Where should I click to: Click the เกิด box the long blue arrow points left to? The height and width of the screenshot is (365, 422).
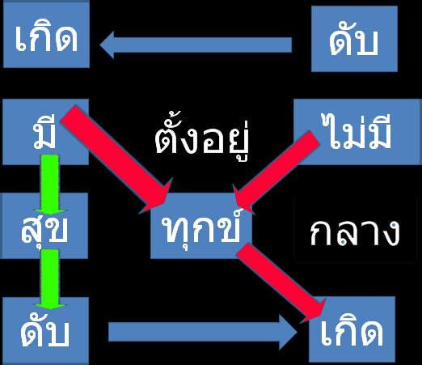point(46,35)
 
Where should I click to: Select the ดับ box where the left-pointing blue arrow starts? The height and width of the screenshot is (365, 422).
point(354,39)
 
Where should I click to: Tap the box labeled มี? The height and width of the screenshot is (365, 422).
point(45,132)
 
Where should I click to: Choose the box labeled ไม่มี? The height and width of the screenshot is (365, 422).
point(357,132)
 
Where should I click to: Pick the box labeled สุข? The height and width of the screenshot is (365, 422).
point(44,226)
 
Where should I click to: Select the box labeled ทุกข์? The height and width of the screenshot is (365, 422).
point(201,226)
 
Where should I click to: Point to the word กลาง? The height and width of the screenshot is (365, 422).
point(355,232)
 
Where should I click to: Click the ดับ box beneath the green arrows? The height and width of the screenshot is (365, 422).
point(45,331)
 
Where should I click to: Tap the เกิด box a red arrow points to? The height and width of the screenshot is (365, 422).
point(352,329)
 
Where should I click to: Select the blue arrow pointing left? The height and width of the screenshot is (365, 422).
point(196,45)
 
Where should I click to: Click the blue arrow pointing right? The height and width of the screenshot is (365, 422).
point(203,332)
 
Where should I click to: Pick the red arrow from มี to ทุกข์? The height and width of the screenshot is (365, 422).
point(116,159)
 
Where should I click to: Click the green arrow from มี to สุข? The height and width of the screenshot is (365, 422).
point(50,185)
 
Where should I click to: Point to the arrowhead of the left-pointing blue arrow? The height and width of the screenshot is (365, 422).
point(107,45)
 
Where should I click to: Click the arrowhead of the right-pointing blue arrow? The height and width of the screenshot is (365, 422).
point(288,332)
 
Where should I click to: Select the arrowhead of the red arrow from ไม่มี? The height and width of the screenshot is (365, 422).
point(243,199)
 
